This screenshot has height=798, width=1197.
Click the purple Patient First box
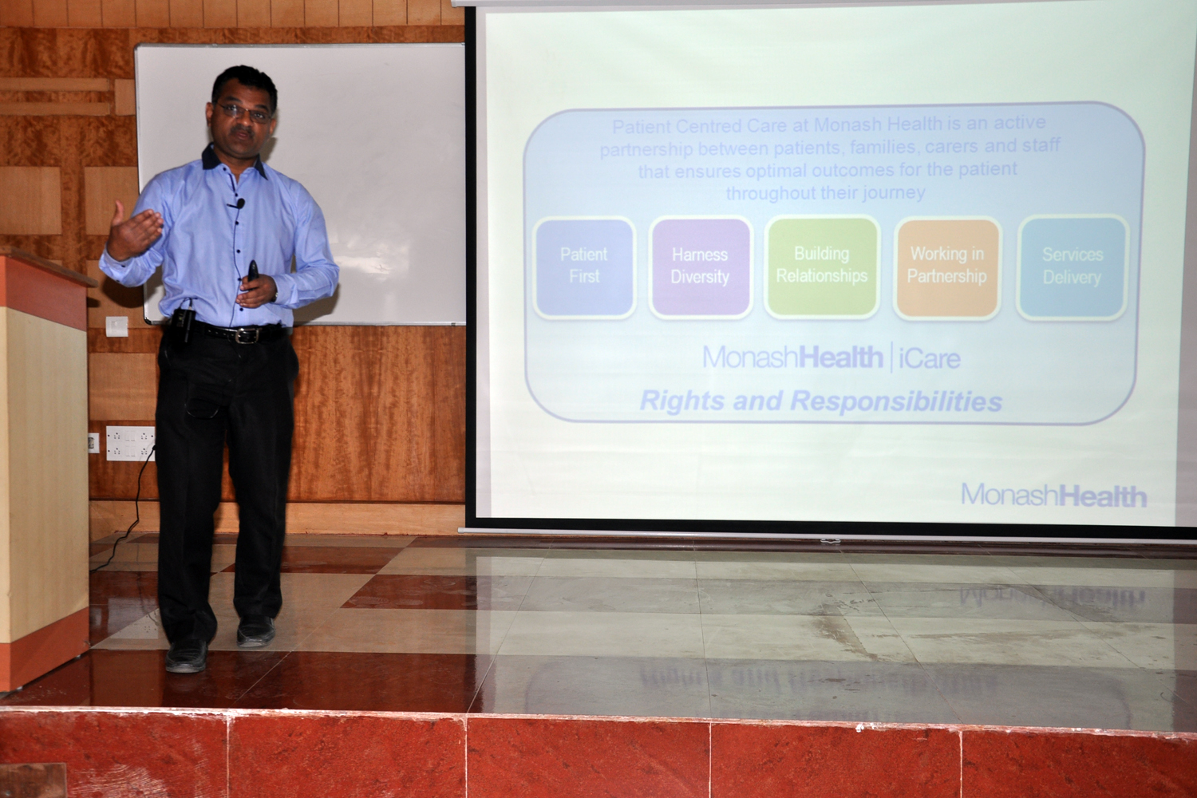tap(584, 267)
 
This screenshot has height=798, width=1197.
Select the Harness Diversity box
tap(700, 267)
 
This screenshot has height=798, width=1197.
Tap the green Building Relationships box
tap(822, 267)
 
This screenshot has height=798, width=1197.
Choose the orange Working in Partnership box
tap(947, 267)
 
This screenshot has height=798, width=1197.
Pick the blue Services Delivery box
tap(1073, 267)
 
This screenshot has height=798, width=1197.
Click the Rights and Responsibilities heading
tap(821, 401)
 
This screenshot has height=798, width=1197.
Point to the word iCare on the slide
tap(930, 358)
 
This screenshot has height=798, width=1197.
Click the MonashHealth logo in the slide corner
tap(1054, 495)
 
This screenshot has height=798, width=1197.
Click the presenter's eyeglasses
tap(245, 112)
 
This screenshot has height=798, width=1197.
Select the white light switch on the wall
tap(117, 326)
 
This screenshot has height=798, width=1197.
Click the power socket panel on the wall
tap(130, 443)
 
